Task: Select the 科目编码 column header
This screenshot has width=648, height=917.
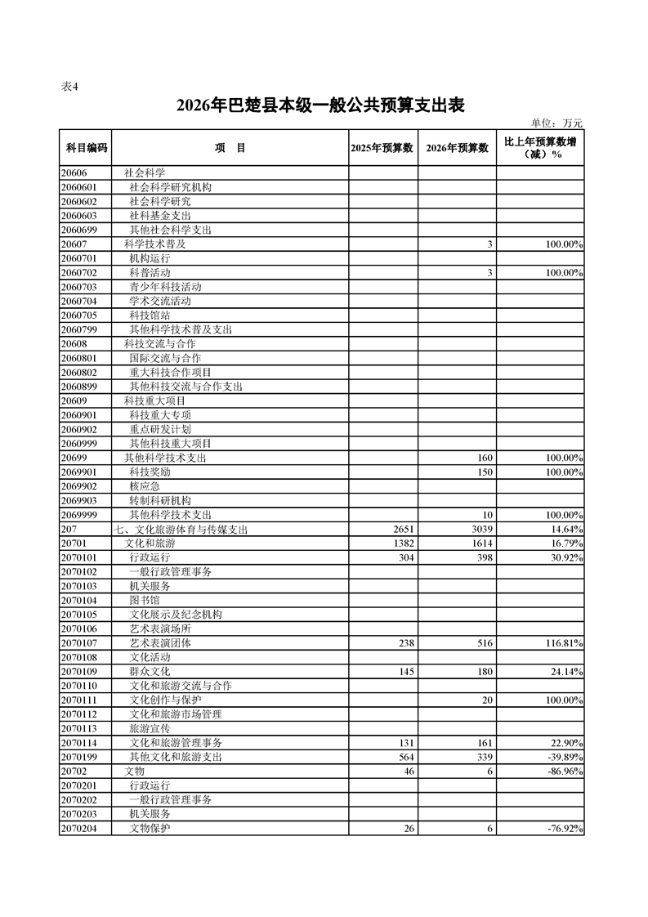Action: (x=85, y=148)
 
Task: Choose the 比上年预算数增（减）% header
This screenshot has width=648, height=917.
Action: (x=540, y=148)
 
